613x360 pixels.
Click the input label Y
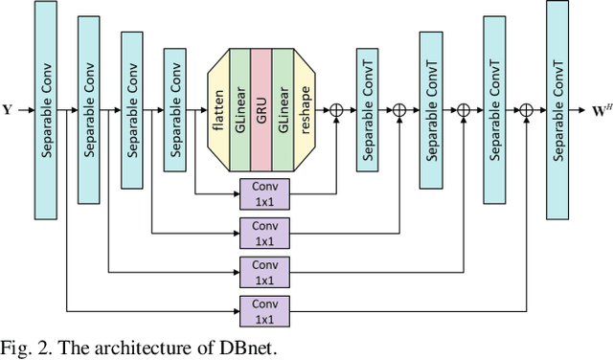[x=7, y=110]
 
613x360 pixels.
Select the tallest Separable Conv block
[x=44, y=110]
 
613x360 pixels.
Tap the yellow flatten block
[x=218, y=110]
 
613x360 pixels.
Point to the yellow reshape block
[x=305, y=110]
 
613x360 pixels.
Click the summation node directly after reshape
[x=336, y=111]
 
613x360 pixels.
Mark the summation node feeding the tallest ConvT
[x=526, y=111]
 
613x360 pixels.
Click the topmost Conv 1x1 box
[x=264, y=193]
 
